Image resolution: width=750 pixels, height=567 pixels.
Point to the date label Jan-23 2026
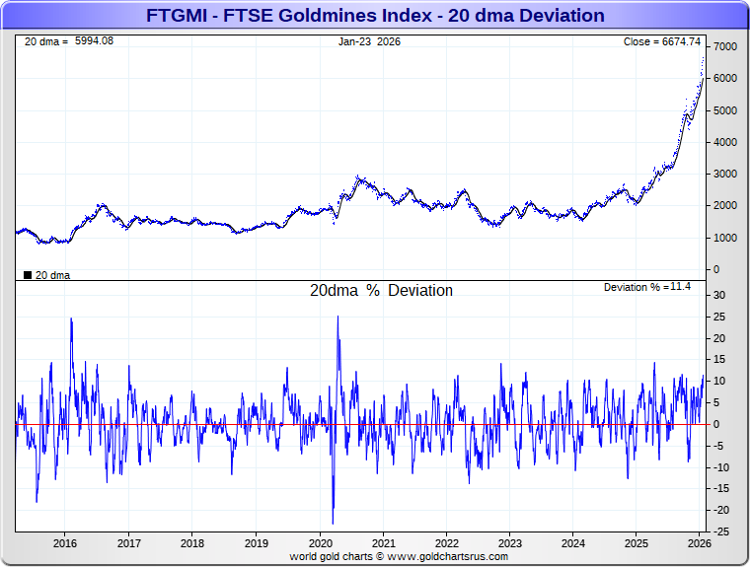[370, 41]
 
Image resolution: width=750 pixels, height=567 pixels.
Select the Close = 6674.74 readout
[662, 41]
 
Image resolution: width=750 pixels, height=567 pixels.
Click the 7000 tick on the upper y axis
[725, 46]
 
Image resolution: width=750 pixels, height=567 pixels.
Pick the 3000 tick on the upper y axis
[725, 174]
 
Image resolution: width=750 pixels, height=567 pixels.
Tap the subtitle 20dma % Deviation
[381, 291]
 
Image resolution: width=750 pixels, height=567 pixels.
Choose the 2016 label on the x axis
[65, 543]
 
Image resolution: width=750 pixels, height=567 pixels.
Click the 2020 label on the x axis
[320, 543]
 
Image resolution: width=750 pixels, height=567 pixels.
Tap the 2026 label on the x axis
[700, 543]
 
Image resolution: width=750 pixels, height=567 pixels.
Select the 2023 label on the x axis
[510, 543]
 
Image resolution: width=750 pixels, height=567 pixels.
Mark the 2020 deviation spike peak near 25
[337, 317]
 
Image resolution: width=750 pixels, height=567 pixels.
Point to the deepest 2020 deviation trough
[333, 523]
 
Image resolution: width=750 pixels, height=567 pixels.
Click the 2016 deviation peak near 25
[71, 319]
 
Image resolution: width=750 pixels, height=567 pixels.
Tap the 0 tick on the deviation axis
[716, 424]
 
